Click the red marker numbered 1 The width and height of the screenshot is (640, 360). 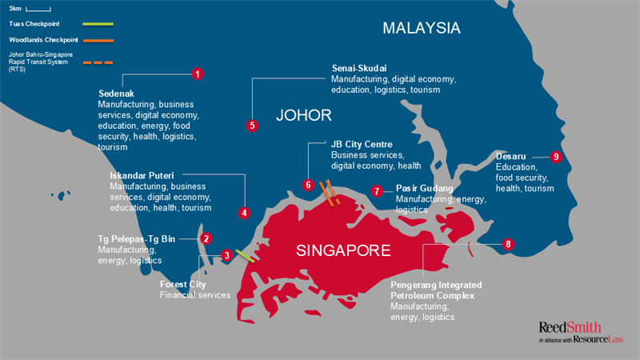[198, 74]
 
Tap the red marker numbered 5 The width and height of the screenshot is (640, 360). [252, 125]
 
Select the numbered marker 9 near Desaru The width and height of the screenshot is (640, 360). [556, 157]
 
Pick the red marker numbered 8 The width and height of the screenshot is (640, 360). [508, 243]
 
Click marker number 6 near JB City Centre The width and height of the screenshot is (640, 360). [309, 185]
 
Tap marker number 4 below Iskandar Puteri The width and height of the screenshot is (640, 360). [244, 213]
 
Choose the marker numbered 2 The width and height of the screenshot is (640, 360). [206, 238]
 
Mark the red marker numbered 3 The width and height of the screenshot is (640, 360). [227, 255]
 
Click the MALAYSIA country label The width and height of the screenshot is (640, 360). [422, 28]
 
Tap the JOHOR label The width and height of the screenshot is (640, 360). [303, 116]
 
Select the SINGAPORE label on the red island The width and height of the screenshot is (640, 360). [343, 250]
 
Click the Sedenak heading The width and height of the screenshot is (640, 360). [116, 93]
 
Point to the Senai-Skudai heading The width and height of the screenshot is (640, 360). [366, 69]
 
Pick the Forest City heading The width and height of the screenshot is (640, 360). [182, 284]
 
